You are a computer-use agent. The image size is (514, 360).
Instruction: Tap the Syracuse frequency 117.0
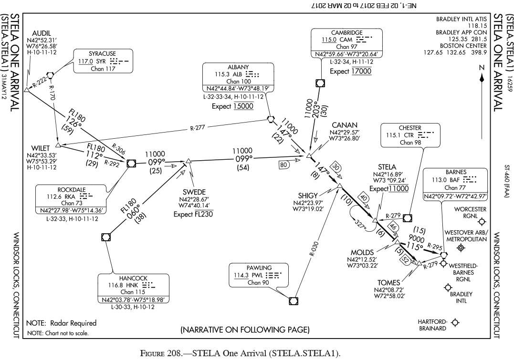click(86, 62)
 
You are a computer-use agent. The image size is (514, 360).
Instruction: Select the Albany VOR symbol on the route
click(271, 119)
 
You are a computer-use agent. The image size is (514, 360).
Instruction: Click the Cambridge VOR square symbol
click(320, 83)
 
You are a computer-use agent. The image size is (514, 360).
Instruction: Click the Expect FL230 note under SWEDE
click(193, 214)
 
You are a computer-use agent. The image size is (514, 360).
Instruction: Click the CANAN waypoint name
click(345, 125)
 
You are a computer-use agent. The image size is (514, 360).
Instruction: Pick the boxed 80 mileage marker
click(284, 165)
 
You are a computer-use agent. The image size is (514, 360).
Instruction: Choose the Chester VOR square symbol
click(407, 218)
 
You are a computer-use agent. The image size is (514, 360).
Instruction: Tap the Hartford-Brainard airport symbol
click(455, 323)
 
